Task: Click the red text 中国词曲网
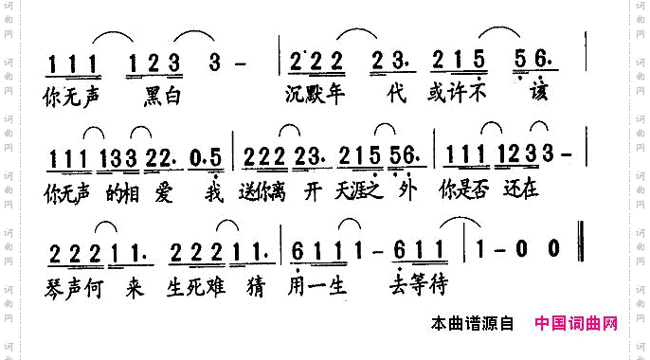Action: (x=576, y=324)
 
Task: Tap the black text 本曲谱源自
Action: (x=471, y=324)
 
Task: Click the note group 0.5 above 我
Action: (x=210, y=155)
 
